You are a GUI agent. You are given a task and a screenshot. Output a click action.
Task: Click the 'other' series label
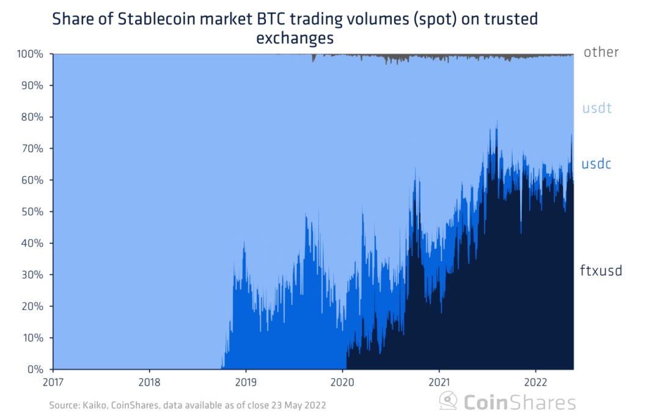[x=601, y=52]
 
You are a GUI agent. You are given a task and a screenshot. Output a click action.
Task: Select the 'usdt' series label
[x=596, y=109]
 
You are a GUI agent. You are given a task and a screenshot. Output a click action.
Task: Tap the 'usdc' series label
[x=596, y=164]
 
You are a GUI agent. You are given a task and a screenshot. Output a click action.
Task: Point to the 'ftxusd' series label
[x=601, y=270]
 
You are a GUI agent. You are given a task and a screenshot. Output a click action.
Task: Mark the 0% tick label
[x=35, y=370]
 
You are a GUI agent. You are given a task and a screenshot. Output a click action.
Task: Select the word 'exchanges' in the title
[x=295, y=38]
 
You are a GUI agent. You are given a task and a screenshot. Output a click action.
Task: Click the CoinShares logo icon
[x=449, y=401]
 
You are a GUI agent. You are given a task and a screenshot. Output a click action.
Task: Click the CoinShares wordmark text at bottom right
[x=519, y=402]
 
